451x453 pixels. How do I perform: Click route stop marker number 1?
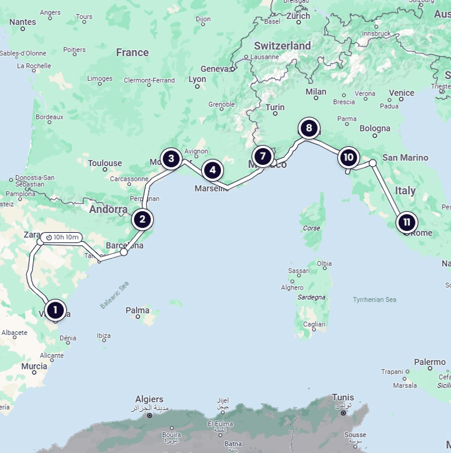coord(55,310)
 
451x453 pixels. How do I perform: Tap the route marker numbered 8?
coord(308,128)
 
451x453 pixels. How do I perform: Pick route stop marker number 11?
coord(406,222)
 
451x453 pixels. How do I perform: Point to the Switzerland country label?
coord(282,46)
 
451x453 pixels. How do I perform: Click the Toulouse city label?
coord(105,163)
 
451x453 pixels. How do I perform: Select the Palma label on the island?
coord(138,310)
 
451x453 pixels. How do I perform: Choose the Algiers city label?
coord(149,399)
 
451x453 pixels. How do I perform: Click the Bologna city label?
coord(375,128)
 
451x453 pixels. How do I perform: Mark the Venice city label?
coord(401,93)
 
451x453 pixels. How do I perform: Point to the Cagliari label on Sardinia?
coord(314,324)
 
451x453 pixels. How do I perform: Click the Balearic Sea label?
coord(114,295)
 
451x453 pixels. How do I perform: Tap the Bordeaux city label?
coord(50,117)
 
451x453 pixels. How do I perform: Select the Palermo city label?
coord(430,362)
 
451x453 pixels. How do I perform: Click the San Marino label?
coord(405,158)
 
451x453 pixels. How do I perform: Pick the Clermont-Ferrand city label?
coord(149,80)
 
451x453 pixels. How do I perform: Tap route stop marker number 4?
coord(213,169)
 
